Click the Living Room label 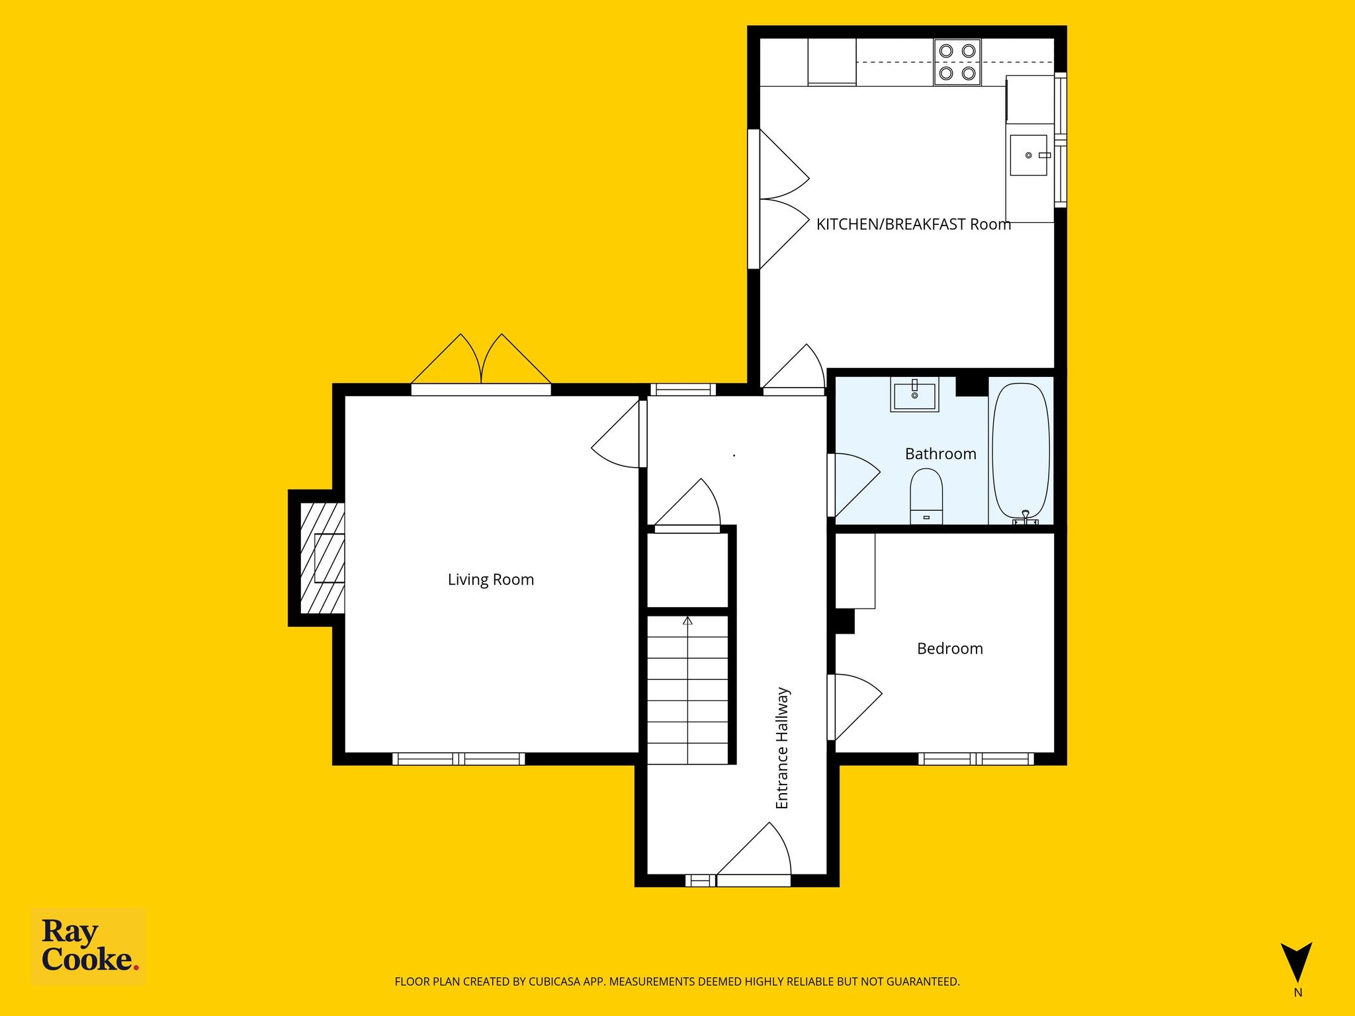coord(490,579)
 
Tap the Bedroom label coord(949,648)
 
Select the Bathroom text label coord(940,454)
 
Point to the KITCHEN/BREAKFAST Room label coord(913,224)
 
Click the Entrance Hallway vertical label coord(782,748)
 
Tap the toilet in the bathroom coord(926,496)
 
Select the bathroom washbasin coord(914,395)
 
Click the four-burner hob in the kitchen coord(957,62)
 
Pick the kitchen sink coord(1029,155)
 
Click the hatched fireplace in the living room coord(322,558)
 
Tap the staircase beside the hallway coord(687,690)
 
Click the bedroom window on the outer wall coord(976,759)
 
